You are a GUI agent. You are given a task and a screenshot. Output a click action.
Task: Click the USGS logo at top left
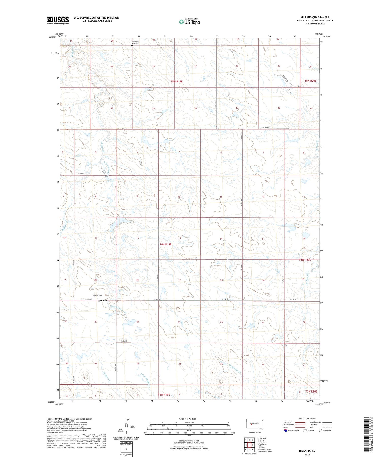pyautogui.click(x=58, y=20)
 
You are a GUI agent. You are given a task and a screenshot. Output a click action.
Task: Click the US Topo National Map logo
pyautogui.click(x=189, y=22)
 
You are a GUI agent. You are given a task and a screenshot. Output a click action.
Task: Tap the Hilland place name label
pyautogui.click(x=102, y=300)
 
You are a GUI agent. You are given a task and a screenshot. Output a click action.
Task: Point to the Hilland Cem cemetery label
pyautogui.click(x=97, y=295)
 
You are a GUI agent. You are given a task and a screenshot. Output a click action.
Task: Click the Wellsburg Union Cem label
pyautogui.click(x=135, y=42)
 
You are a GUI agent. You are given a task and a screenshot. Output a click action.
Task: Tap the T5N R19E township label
pyautogui.click(x=177, y=81)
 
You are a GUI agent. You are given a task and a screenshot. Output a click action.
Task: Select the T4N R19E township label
pyautogui.click(x=165, y=244)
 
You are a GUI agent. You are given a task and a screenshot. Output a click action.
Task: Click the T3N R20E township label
pyautogui.click(x=311, y=391)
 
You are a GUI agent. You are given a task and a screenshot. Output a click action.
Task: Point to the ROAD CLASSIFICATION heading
pyautogui.click(x=307, y=419)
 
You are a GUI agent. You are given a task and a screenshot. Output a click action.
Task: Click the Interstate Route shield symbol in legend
pyautogui.click(x=285, y=431)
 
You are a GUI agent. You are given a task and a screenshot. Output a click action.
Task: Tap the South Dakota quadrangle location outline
pyautogui.click(x=255, y=424)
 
